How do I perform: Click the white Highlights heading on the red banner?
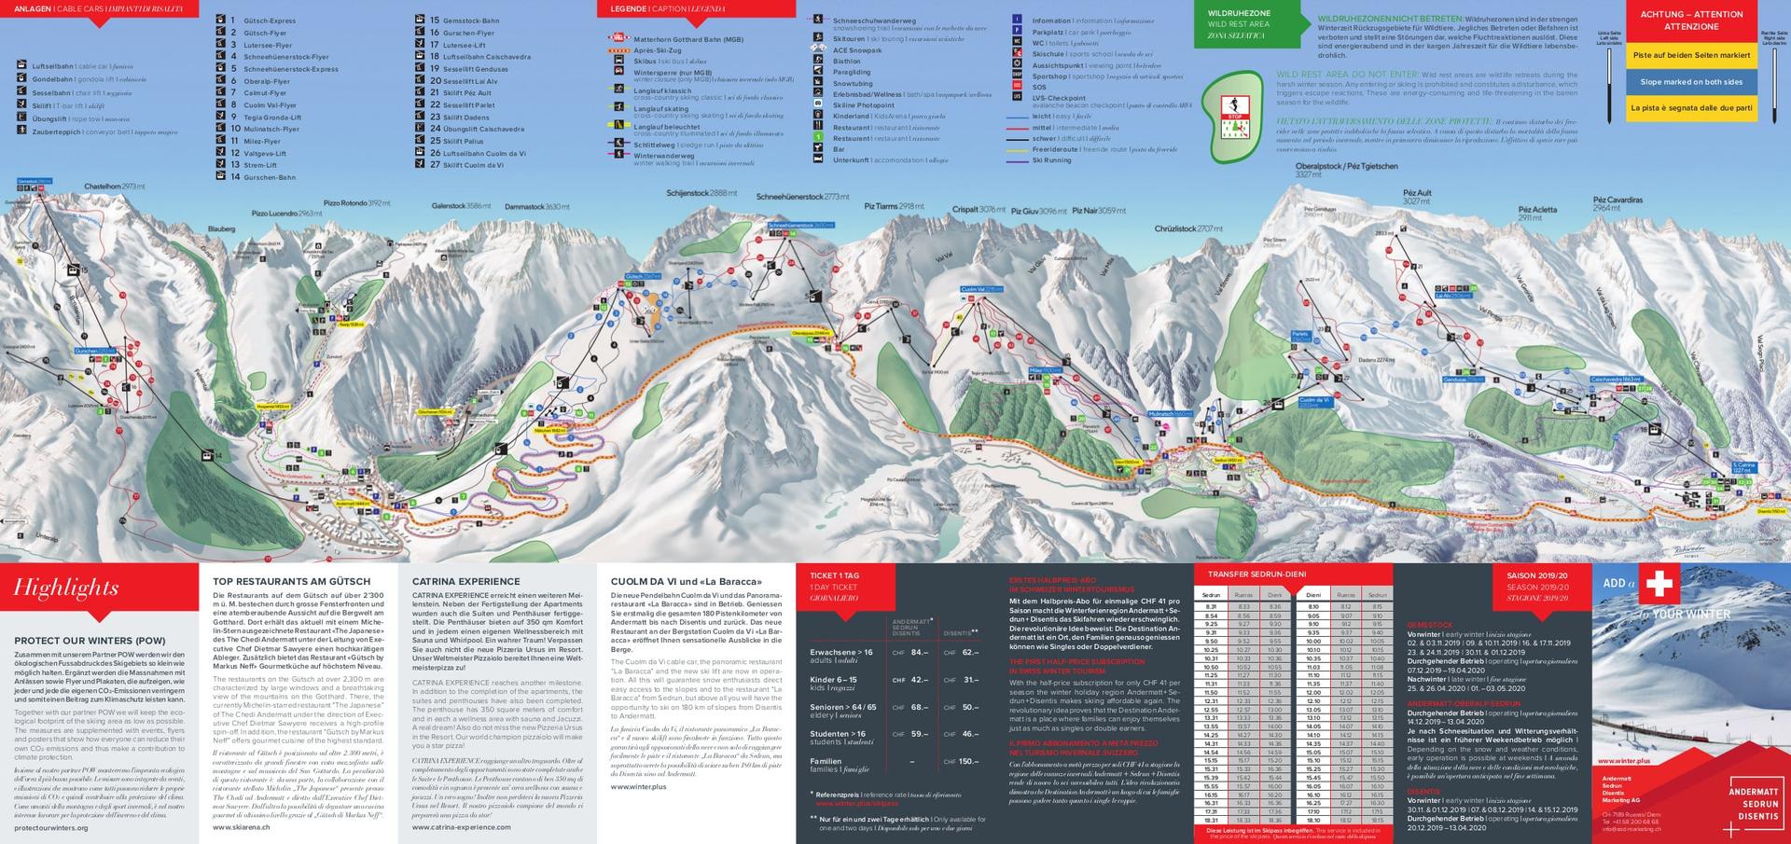pos(66,588)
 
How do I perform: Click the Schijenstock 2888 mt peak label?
pos(701,193)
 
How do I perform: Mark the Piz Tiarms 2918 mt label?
pos(894,205)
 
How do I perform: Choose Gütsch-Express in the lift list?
pos(269,21)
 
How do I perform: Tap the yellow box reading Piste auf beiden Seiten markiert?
pos(1691,55)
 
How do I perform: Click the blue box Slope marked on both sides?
pos(1691,82)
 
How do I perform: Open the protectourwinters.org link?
pos(51,827)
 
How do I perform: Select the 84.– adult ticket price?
pos(919,653)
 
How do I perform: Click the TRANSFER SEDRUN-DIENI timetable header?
pos(1256,574)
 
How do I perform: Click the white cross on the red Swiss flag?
pos(1658,585)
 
